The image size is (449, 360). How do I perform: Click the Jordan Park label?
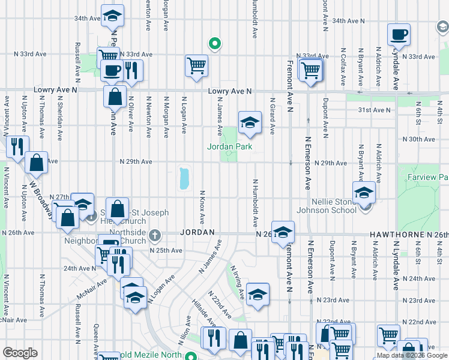click(229, 146)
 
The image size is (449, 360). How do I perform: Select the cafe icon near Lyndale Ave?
click(399, 35)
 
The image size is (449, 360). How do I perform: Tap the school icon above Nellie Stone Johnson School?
click(364, 193)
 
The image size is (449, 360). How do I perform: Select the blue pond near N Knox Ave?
click(183, 178)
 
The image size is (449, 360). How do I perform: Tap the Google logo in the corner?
click(20, 353)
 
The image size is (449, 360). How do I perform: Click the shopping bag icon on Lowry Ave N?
click(114, 96)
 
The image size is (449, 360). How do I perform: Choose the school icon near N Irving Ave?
click(258, 295)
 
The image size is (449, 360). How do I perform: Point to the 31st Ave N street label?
click(373, 110)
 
